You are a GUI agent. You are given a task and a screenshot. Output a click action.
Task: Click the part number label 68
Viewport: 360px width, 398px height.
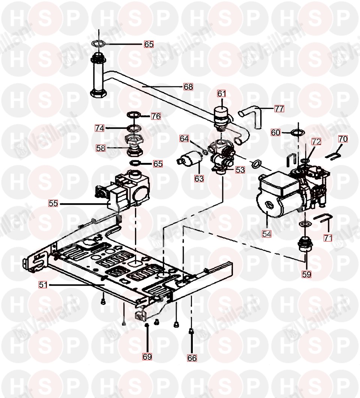click(x=188, y=87)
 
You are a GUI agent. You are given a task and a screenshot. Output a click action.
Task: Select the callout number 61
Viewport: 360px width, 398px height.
click(x=222, y=93)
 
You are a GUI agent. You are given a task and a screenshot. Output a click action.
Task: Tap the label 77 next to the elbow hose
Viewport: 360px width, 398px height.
click(x=279, y=109)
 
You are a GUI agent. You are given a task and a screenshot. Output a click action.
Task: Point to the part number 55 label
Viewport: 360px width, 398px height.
click(x=53, y=203)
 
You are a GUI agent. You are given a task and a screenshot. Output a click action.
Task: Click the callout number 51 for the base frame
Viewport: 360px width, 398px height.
click(x=43, y=285)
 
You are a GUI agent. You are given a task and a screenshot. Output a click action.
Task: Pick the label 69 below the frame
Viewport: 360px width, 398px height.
click(x=147, y=357)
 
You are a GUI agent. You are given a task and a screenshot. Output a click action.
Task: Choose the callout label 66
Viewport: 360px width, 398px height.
click(x=192, y=358)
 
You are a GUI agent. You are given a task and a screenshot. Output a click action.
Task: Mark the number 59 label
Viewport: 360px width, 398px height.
click(x=306, y=274)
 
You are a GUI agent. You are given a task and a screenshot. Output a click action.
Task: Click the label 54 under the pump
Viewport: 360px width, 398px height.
click(x=267, y=234)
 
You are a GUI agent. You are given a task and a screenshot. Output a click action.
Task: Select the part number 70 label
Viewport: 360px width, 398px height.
click(x=343, y=139)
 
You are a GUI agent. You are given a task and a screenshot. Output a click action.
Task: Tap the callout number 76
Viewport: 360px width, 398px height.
click(x=156, y=116)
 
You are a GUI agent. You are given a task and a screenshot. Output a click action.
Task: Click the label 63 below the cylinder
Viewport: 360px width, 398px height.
click(x=199, y=179)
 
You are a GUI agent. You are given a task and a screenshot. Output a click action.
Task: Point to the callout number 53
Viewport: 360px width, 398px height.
click(x=240, y=170)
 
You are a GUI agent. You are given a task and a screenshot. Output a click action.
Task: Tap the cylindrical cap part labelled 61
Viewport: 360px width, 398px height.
click(x=222, y=117)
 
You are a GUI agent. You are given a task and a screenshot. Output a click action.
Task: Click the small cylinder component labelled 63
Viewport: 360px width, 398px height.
click(x=190, y=157)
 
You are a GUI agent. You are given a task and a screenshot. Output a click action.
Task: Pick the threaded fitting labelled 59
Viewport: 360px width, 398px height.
click(x=305, y=244)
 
